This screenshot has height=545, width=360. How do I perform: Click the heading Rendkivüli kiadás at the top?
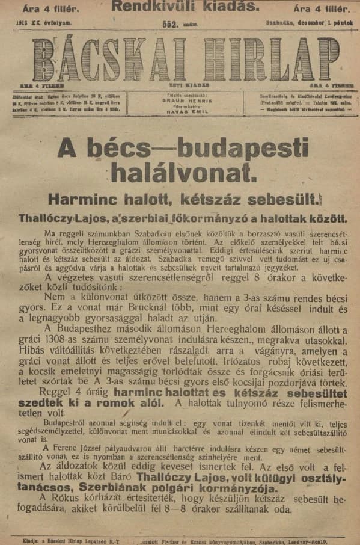coord(185,7)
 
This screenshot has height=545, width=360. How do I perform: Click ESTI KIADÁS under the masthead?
coord(184,86)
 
